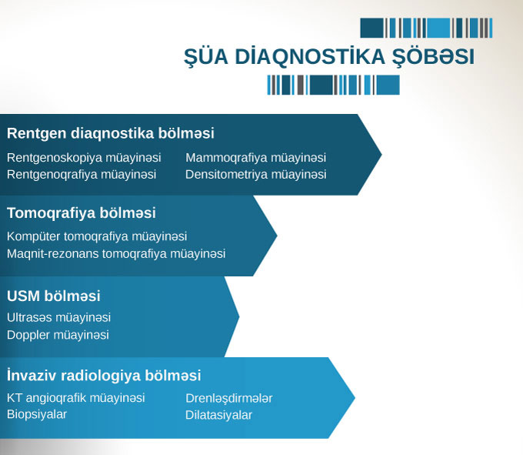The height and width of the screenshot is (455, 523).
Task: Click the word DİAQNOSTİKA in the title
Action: (x=310, y=56)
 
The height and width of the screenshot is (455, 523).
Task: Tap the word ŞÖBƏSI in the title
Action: (x=433, y=57)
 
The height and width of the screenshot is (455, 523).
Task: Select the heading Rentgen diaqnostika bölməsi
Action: (x=111, y=133)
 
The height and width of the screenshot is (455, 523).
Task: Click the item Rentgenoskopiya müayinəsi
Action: (x=84, y=158)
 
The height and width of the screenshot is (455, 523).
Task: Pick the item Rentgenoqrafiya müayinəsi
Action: (x=82, y=174)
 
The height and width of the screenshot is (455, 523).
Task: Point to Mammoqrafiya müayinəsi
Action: (x=256, y=158)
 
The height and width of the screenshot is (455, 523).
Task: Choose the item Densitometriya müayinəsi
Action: (x=256, y=174)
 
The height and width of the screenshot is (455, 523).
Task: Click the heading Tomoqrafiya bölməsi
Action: (x=82, y=213)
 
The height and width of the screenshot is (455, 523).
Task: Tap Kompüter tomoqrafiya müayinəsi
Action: (x=97, y=236)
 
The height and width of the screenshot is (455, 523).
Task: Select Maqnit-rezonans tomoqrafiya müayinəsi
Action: (x=116, y=254)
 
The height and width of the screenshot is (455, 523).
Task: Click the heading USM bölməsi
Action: (x=53, y=296)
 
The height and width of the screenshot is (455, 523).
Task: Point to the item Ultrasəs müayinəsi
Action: (x=58, y=317)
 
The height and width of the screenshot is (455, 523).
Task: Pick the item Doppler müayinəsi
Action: (x=58, y=335)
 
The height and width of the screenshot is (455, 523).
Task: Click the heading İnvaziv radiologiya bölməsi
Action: (x=104, y=375)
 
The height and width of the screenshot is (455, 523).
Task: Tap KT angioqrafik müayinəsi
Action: (x=75, y=397)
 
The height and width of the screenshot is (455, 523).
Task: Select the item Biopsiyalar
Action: (x=37, y=414)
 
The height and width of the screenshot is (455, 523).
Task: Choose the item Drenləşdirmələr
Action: (x=229, y=398)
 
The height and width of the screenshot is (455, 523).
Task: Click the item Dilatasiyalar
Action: (x=218, y=415)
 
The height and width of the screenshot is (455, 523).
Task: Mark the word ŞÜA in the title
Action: (x=206, y=57)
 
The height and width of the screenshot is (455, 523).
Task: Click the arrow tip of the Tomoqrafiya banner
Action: (x=277, y=236)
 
